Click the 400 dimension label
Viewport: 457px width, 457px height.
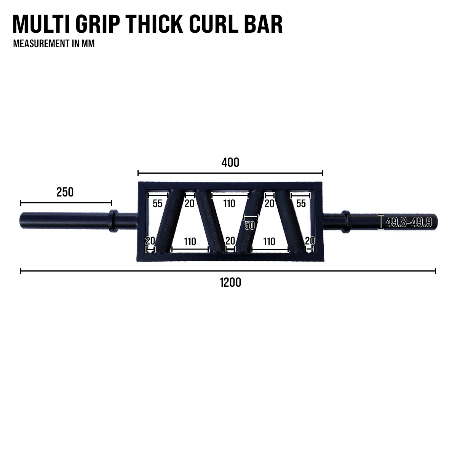coord(230,163)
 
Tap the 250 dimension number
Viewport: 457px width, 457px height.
coord(65,192)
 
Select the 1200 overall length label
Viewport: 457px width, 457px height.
coord(230,283)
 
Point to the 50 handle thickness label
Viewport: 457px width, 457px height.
coord(249,225)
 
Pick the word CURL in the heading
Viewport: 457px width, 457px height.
coord(216,25)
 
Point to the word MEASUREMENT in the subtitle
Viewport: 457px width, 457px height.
coord(40,43)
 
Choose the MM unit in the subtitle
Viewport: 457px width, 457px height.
coord(88,43)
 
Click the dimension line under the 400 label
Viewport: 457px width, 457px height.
coord(230,173)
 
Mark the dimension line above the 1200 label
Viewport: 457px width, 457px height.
coord(228,271)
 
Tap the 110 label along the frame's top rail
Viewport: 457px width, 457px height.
coord(229,203)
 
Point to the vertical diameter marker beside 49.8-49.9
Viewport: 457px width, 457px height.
coord(380,222)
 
